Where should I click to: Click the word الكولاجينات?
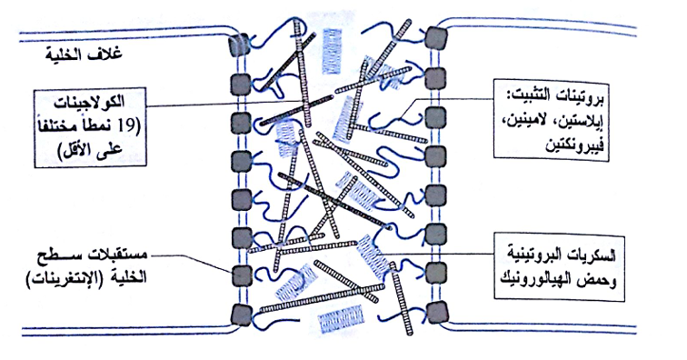point(89,104)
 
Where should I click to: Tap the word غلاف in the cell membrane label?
point(107,54)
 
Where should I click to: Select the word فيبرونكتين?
point(575,145)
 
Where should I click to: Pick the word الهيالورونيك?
point(537,279)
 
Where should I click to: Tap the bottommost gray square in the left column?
point(242,315)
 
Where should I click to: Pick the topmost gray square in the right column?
point(436,37)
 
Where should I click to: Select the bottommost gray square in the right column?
point(436,312)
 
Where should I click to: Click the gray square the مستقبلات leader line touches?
point(241,276)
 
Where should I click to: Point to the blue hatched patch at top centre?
point(332,51)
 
